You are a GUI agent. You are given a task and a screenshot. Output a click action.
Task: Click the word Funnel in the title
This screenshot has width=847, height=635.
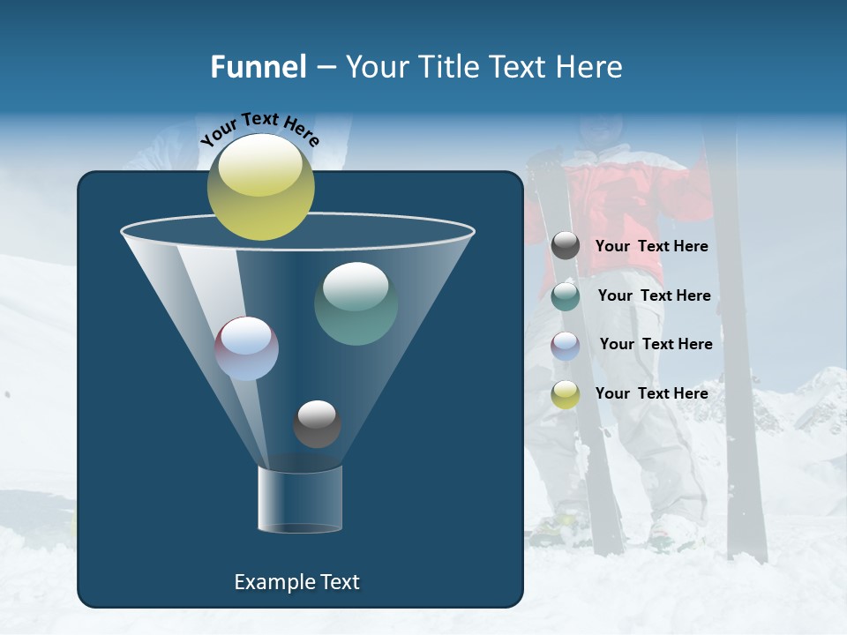click(258, 67)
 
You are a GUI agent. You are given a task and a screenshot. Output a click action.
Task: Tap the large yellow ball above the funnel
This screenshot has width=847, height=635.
click(260, 186)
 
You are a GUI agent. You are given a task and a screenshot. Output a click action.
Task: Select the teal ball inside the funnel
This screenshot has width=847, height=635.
click(356, 303)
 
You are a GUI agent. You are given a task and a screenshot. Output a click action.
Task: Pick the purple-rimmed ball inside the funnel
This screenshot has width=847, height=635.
click(247, 348)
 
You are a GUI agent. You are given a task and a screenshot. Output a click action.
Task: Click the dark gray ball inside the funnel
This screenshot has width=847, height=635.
click(317, 423)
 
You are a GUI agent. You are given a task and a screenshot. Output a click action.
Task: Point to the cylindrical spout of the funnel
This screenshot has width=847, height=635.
click(300, 499)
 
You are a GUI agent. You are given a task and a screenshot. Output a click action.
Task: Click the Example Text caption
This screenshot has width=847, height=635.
click(296, 582)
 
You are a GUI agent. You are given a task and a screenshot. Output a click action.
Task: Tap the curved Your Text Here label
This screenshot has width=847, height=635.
click(259, 129)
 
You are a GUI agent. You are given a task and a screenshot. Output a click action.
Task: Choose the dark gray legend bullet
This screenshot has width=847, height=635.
click(566, 246)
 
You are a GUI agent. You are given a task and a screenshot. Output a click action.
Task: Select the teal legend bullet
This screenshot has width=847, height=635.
click(566, 295)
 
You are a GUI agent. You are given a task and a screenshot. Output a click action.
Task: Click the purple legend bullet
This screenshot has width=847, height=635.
click(566, 345)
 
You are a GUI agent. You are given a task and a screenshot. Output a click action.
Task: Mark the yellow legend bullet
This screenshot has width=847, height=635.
click(566, 393)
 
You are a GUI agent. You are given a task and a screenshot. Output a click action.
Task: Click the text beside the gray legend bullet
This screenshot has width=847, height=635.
click(651, 246)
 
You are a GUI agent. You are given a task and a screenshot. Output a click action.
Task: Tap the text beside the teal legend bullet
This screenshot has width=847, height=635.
click(654, 295)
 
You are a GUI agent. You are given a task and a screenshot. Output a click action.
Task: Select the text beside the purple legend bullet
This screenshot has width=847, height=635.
click(656, 344)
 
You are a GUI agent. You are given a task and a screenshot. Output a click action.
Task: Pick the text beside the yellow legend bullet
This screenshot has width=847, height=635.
click(651, 393)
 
